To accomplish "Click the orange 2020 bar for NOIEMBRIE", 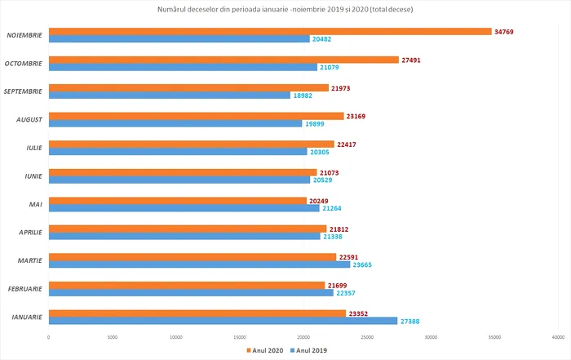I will pyautogui.click(x=269, y=31).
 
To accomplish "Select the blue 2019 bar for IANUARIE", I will pyautogui.click(x=223, y=321).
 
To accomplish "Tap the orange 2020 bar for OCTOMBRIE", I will pyautogui.click(x=224, y=60).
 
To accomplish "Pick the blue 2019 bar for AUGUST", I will pyautogui.click(x=175, y=124).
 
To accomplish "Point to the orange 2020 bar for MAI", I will pyautogui.click(x=178, y=200).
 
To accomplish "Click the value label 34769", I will pyautogui.click(x=506, y=31).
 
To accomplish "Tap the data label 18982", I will pyautogui.click(x=303, y=96).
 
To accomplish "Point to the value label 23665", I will pyautogui.click(x=364, y=264).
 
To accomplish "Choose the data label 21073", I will pyautogui.click(x=330, y=172).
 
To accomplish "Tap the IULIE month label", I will pyautogui.click(x=30, y=148).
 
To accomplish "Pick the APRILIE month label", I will pyautogui.click(x=27, y=232).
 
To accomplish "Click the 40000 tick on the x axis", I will pyautogui.click(x=559, y=337).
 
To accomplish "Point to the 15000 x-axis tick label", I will pyautogui.click(x=240, y=337).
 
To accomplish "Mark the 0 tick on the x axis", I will pyautogui.click(x=49, y=337).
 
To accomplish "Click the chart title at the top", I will pyautogui.click(x=285, y=9).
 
